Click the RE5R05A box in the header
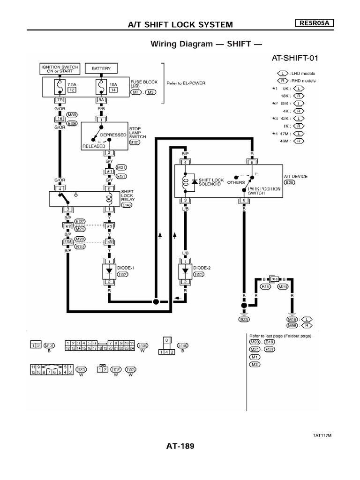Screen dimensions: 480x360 [313, 23]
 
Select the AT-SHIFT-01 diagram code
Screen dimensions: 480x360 [298, 58]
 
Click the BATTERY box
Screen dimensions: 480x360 [101, 68]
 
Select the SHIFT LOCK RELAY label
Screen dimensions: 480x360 [127, 196]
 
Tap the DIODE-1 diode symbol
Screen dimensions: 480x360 [109, 271]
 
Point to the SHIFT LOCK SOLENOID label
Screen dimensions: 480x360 [211, 182]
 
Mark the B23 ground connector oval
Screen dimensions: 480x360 [243, 320]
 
